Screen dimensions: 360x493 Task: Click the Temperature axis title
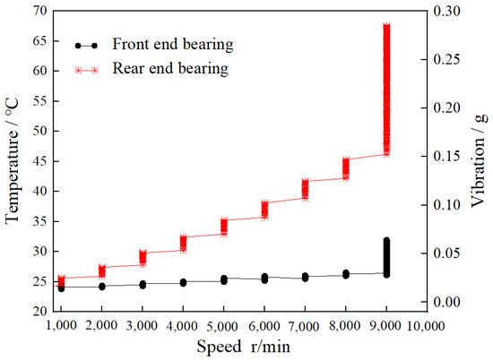tap(13, 160)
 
